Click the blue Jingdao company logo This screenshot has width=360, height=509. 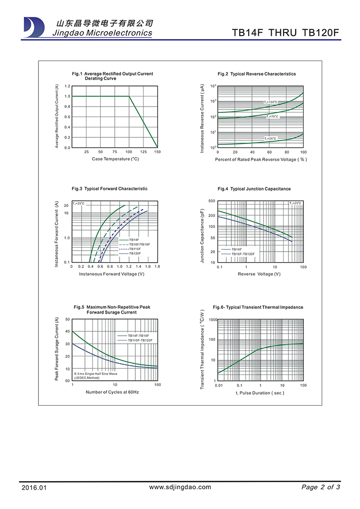33,27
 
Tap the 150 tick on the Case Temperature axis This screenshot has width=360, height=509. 157,152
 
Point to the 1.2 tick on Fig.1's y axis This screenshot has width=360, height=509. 68,86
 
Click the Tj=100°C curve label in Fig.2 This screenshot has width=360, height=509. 271,102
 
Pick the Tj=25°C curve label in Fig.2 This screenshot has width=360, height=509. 271,138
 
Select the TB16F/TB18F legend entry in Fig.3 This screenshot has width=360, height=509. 139,244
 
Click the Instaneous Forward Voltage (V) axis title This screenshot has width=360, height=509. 111,274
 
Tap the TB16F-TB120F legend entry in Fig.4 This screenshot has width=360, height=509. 243,254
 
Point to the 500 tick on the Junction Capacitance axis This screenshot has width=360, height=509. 212,201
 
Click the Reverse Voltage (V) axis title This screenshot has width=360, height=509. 259,274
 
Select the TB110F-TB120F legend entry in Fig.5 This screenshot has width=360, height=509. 140,340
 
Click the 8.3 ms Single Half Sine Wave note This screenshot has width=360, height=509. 96,373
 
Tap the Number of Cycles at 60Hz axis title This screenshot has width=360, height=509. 112,392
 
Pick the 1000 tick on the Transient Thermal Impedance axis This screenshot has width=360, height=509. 213,319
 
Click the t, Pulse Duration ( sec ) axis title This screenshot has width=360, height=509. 260,393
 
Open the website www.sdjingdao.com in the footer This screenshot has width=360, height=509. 180,487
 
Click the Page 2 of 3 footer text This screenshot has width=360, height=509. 321,487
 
